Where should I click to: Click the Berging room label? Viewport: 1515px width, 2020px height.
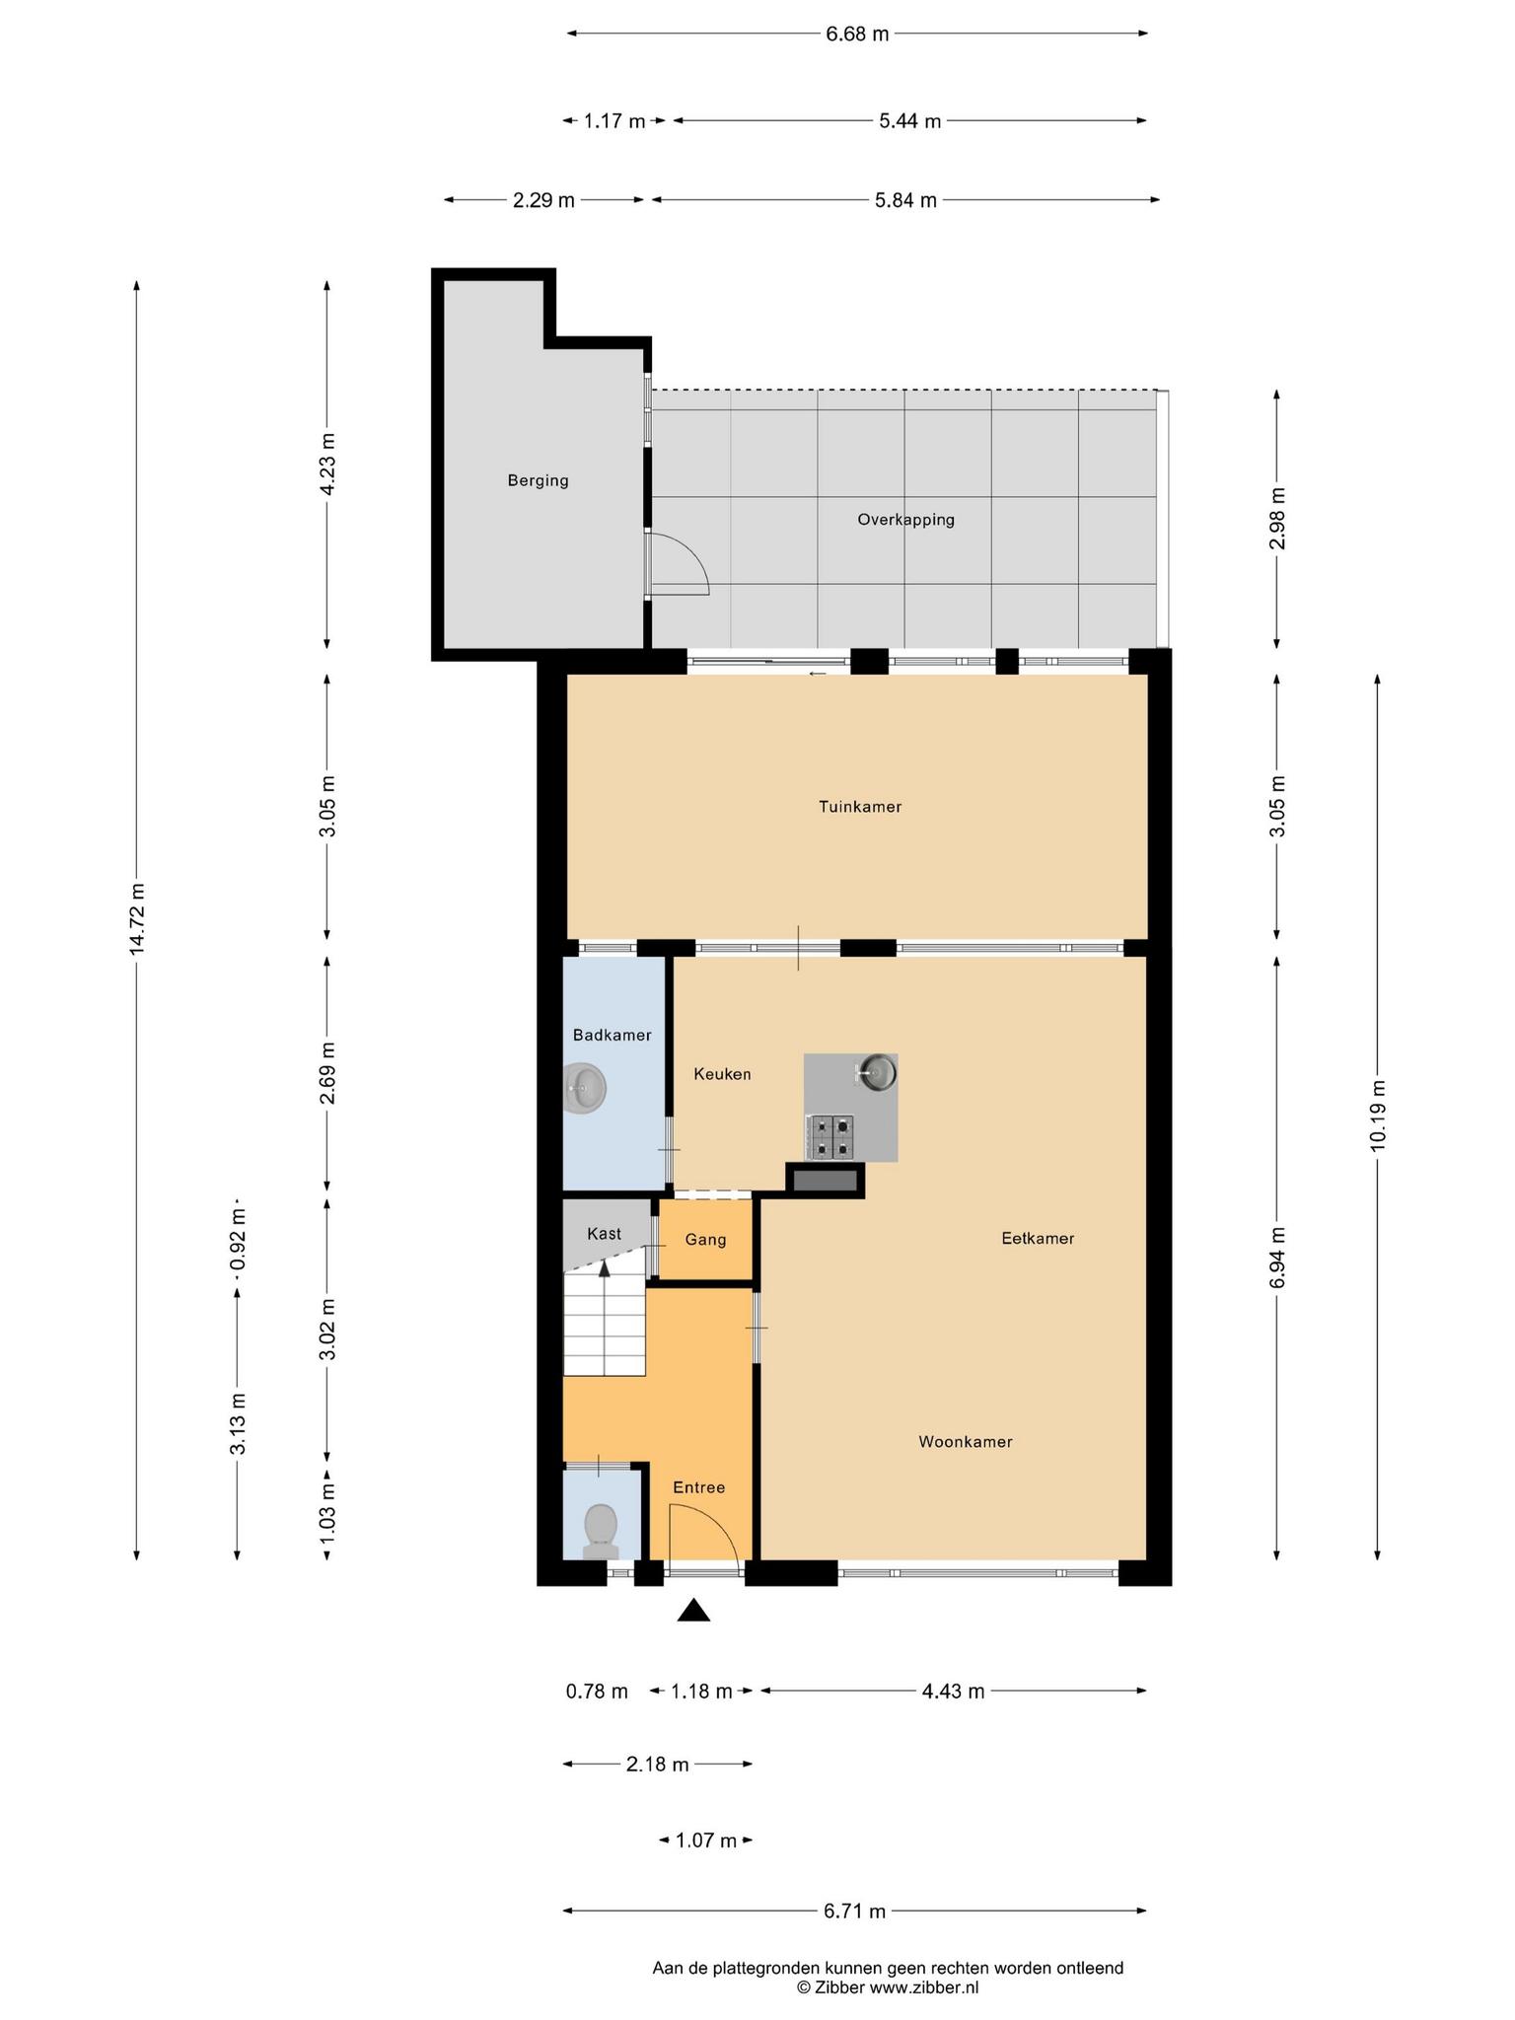coord(538,481)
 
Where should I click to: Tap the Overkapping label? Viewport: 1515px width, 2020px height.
coord(905,520)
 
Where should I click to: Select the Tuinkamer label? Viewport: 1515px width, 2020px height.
coord(860,807)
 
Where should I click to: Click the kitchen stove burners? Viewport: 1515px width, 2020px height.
coord(830,1136)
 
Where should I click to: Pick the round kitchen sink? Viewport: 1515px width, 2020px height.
coord(875,1072)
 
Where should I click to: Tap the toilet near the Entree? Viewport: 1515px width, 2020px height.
coord(600,1532)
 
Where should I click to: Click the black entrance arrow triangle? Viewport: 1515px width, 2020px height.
coord(693,1611)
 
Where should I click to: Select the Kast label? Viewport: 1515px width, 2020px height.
coord(604,1234)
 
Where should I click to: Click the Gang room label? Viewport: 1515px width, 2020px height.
coord(705,1240)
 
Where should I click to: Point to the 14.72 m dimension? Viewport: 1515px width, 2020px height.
coord(137,918)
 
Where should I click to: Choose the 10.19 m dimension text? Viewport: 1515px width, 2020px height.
coord(1378,1115)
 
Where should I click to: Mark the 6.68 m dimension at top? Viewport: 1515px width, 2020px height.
coord(857,34)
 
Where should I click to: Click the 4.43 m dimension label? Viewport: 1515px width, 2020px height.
coord(953,1692)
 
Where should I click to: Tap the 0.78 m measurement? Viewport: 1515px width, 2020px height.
coord(597,1692)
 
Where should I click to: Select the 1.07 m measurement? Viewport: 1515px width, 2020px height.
coord(706,1840)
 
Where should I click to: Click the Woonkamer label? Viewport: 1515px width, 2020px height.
coord(966,1442)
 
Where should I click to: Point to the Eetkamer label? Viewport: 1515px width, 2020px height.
coord(1038,1239)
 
